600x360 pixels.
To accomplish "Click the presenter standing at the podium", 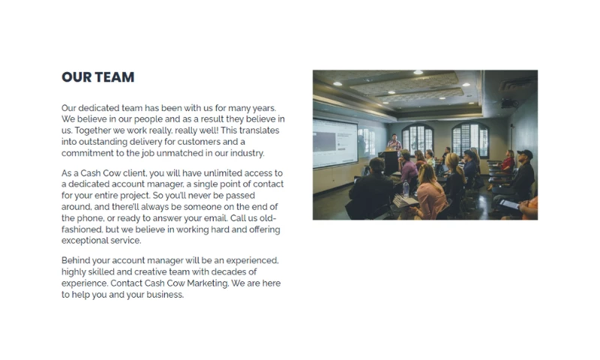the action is (x=394, y=142).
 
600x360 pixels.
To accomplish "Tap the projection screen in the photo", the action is (x=335, y=143).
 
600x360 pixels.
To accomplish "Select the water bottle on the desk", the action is (x=406, y=188).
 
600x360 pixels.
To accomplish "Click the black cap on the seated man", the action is (x=526, y=154).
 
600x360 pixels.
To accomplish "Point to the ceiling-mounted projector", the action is (x=510, y=103).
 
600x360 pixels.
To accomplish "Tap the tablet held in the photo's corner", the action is (x=509, y=204).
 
